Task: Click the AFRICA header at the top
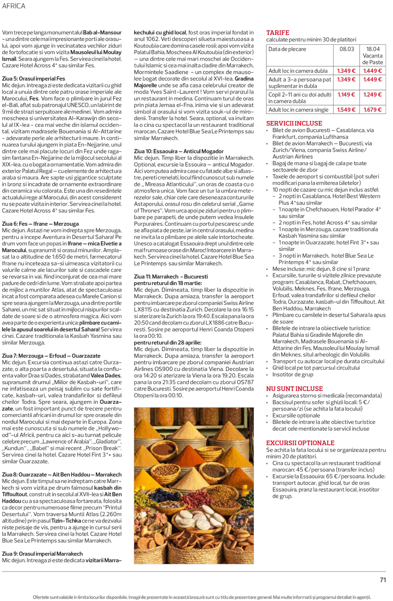pos(13,6)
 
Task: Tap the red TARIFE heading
pos(278,32)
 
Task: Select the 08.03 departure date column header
pos(346,49)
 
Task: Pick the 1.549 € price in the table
pos(346,109)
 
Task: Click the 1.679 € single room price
pos(373,109)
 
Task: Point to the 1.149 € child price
pos(346,94)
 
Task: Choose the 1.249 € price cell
pos(373,94)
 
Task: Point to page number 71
pos(383,579)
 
